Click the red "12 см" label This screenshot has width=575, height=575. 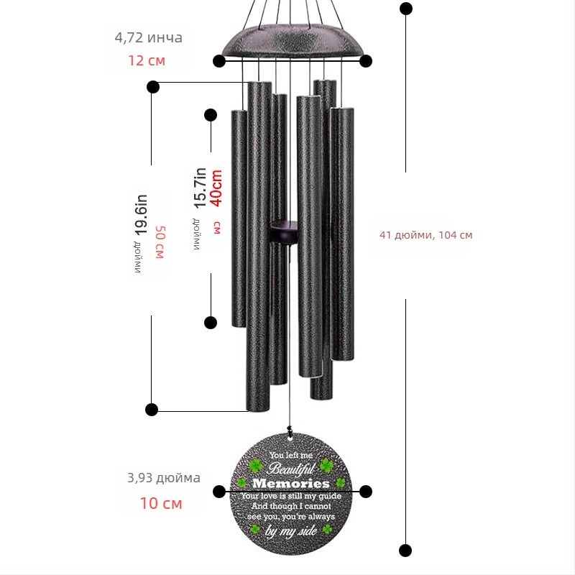click(147, 60)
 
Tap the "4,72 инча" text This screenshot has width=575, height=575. click(149, 37)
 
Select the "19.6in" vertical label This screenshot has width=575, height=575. click(141, 215)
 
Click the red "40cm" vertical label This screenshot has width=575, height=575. click(216, 188)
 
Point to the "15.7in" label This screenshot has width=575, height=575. click(201, 188)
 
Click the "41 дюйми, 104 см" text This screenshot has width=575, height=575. click(425, 235)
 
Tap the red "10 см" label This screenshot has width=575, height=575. click(161, 503)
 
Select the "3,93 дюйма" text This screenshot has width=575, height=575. click(164, 478)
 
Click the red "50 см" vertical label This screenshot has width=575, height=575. click(160, 242)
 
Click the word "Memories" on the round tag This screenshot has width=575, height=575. click(291, 483)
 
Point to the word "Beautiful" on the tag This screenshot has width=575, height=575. click(291, 469)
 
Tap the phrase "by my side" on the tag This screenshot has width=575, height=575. click(291, 531)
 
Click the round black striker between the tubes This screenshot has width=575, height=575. click(283, 232)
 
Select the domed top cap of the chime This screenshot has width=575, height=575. click(293, 41)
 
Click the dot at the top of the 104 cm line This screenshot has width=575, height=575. click(405, 9)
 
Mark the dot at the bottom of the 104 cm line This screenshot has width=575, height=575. click(405, 551)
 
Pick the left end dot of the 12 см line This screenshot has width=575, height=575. click(219, 61)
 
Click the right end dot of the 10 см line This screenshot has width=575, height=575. click(366, 492)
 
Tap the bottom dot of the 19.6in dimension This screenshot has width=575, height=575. click(152, 410)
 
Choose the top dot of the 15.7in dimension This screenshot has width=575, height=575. click(211, 115)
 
